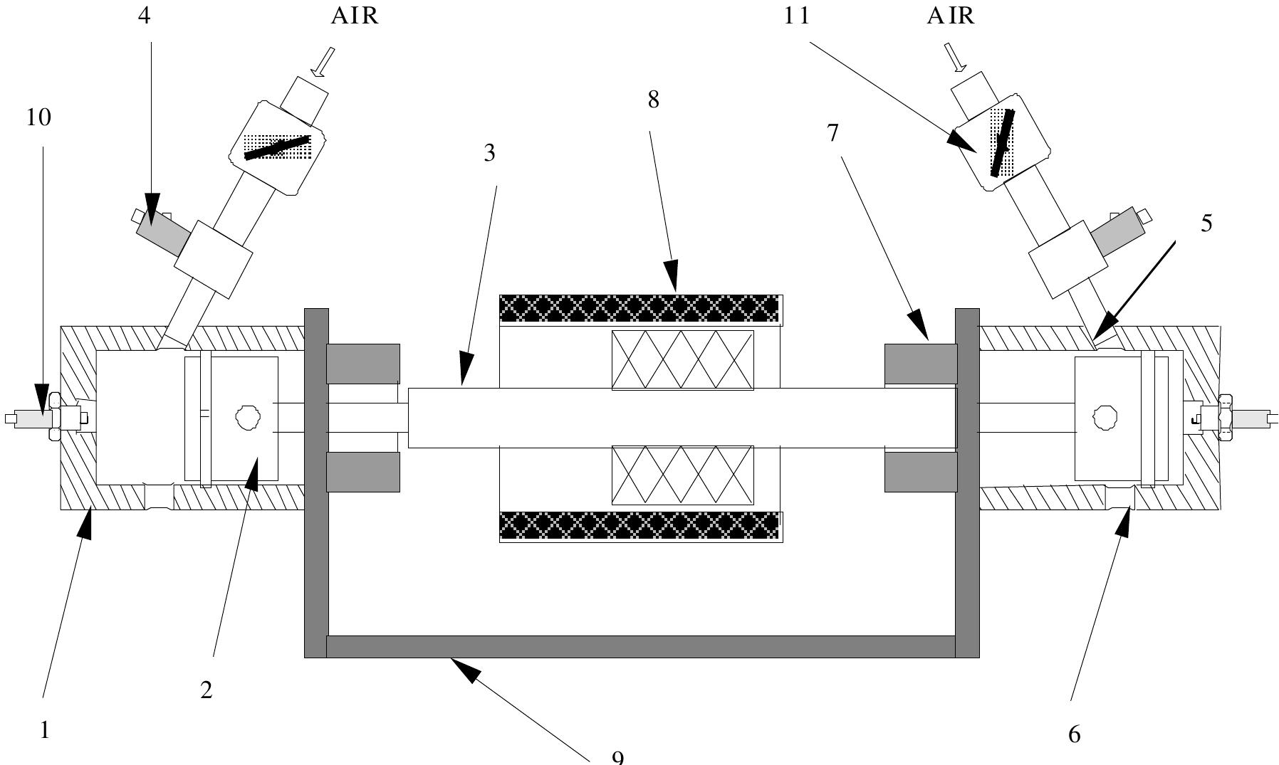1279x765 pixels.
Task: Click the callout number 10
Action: [x=38, y=117]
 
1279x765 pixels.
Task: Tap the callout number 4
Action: [x=145, y=16]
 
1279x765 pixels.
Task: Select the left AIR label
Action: [x=355, y=16]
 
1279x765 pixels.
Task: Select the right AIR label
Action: [x=950, y=16]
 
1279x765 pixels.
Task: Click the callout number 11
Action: [x=797, y=16]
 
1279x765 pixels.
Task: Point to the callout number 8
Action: [x=653, y=100]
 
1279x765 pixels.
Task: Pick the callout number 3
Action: [x=489, y=153]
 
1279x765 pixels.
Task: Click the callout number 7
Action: [x=833, y=133]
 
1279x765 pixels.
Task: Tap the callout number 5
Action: [x=1206, y=223]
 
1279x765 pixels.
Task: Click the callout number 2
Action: [x=207, y=690]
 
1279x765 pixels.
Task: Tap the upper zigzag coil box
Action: [x=682, y=360]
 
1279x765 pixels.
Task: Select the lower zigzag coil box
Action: [x=682, y=475]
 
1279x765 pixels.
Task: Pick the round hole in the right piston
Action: [x=1105, y=417]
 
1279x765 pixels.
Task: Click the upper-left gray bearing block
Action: [x=362, y=363]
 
